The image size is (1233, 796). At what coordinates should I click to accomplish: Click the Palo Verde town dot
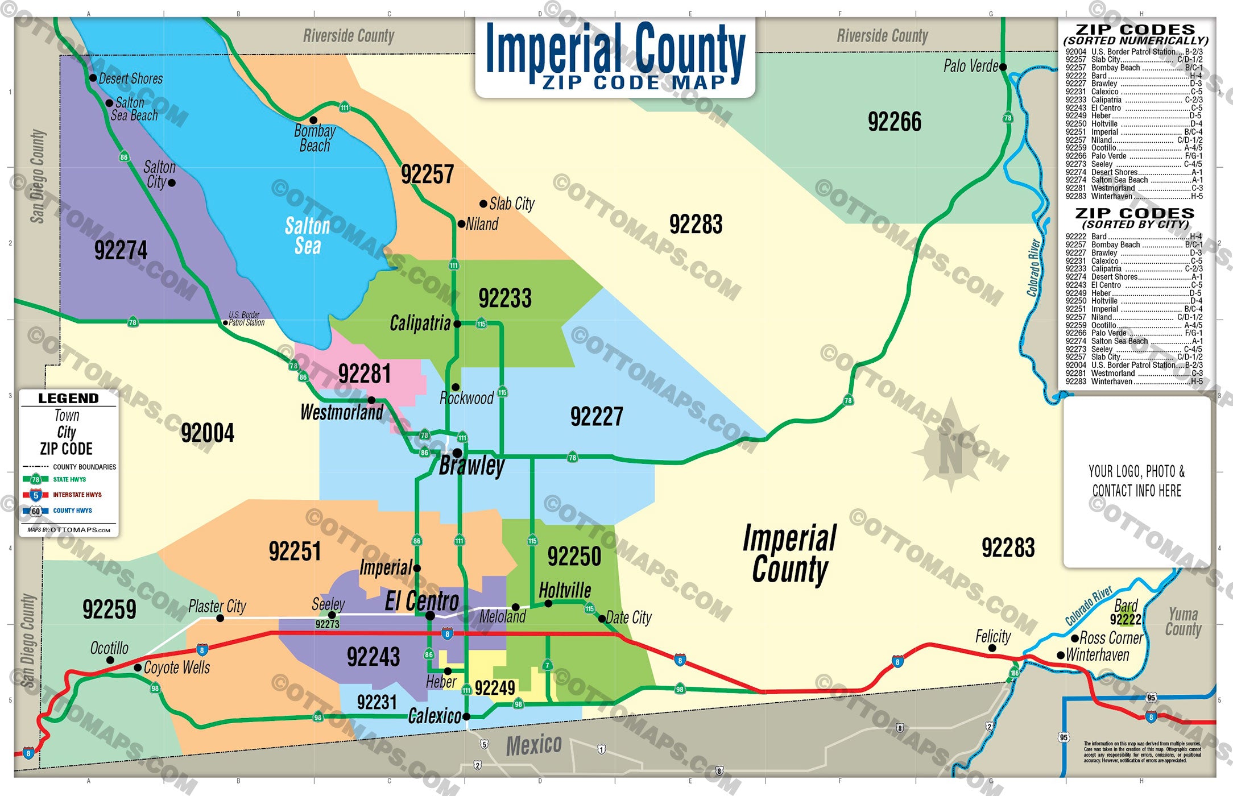(x=1003, y=67)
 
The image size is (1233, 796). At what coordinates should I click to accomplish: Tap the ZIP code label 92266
(x=894, y=122)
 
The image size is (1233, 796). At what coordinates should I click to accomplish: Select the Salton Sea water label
(x=307, y=236)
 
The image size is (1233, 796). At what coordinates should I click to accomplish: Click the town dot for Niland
(x=461, y=224)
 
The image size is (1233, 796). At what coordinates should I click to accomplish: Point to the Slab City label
(x=511, y=204)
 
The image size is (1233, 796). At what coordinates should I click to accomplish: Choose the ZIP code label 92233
(x=504, y=298)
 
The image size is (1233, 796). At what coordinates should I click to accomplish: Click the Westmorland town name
(x=341, y=412)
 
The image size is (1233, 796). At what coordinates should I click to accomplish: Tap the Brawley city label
(x=471, y=466)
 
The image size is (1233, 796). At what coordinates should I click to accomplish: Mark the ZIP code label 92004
(x=207, y=433)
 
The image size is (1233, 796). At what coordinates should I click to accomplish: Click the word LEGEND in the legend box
(x=68, y=398)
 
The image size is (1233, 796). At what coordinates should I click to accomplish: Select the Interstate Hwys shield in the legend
(x=35, y=495)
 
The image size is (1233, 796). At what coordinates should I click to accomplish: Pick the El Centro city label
(x=421, y=602)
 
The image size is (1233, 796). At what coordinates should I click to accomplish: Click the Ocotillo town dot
(x=110, y=660)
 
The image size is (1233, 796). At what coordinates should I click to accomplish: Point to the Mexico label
(x=533, y=745)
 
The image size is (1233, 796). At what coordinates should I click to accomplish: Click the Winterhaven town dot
(x=1061, y=656)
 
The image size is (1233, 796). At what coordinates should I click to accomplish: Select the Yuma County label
(x=1183, y=621)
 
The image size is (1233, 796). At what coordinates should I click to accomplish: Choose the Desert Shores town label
(x=130, y=78)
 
